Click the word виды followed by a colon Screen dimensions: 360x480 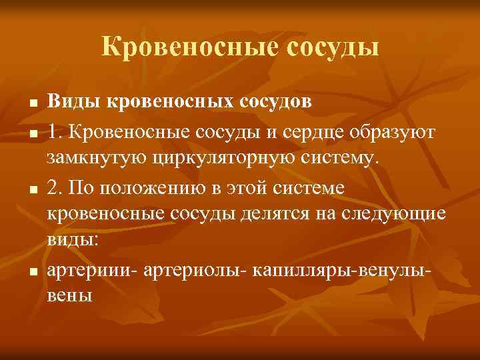(72, 241)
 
